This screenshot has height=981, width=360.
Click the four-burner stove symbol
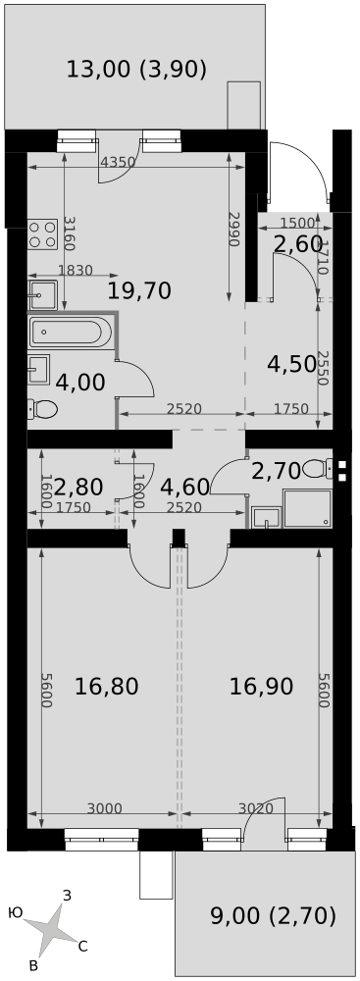[42, 234]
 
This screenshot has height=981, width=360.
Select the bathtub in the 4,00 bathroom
[70, 332]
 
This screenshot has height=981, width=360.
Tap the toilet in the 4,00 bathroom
[42, 410]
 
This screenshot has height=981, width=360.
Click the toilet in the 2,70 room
[319, 469]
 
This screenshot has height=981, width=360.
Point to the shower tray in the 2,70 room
[307, 508]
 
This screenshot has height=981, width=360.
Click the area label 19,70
[139, 290]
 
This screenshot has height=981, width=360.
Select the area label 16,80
[107, 687]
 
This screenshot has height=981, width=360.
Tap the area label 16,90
[261, 687]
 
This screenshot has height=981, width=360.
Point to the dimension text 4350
[118, 162]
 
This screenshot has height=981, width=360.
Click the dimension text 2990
[234, 229]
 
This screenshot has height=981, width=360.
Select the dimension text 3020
[256, 809]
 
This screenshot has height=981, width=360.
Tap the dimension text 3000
[104, 809]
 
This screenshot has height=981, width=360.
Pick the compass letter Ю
[16, 913]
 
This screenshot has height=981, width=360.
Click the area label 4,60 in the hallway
[183, 487]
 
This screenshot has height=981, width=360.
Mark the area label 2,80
[78, 487]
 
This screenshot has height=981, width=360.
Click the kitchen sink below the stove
[42, 295]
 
